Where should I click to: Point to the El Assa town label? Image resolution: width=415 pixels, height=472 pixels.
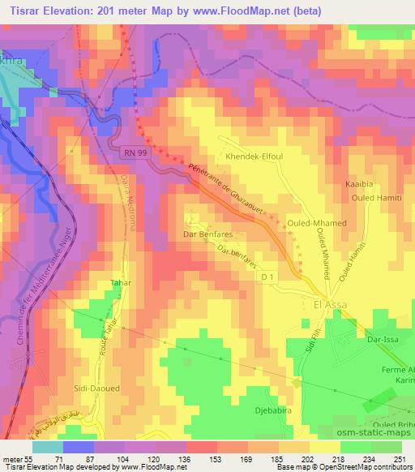pos(329,305)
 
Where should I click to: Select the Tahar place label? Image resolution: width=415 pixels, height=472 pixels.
pos(120,283)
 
